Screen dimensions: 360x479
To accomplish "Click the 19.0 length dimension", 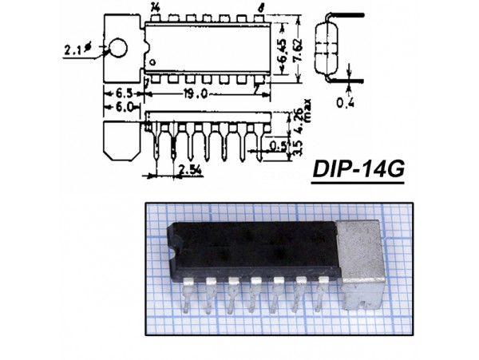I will click(194, 93).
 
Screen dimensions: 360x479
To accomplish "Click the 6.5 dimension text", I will click(124, 93).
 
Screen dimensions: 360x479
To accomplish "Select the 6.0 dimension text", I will click(124, 107).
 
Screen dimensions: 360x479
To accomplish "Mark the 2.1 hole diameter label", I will click(74, 51).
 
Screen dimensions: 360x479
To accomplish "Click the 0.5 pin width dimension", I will click(279, 145).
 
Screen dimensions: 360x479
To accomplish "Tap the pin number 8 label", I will click(259, 7).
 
